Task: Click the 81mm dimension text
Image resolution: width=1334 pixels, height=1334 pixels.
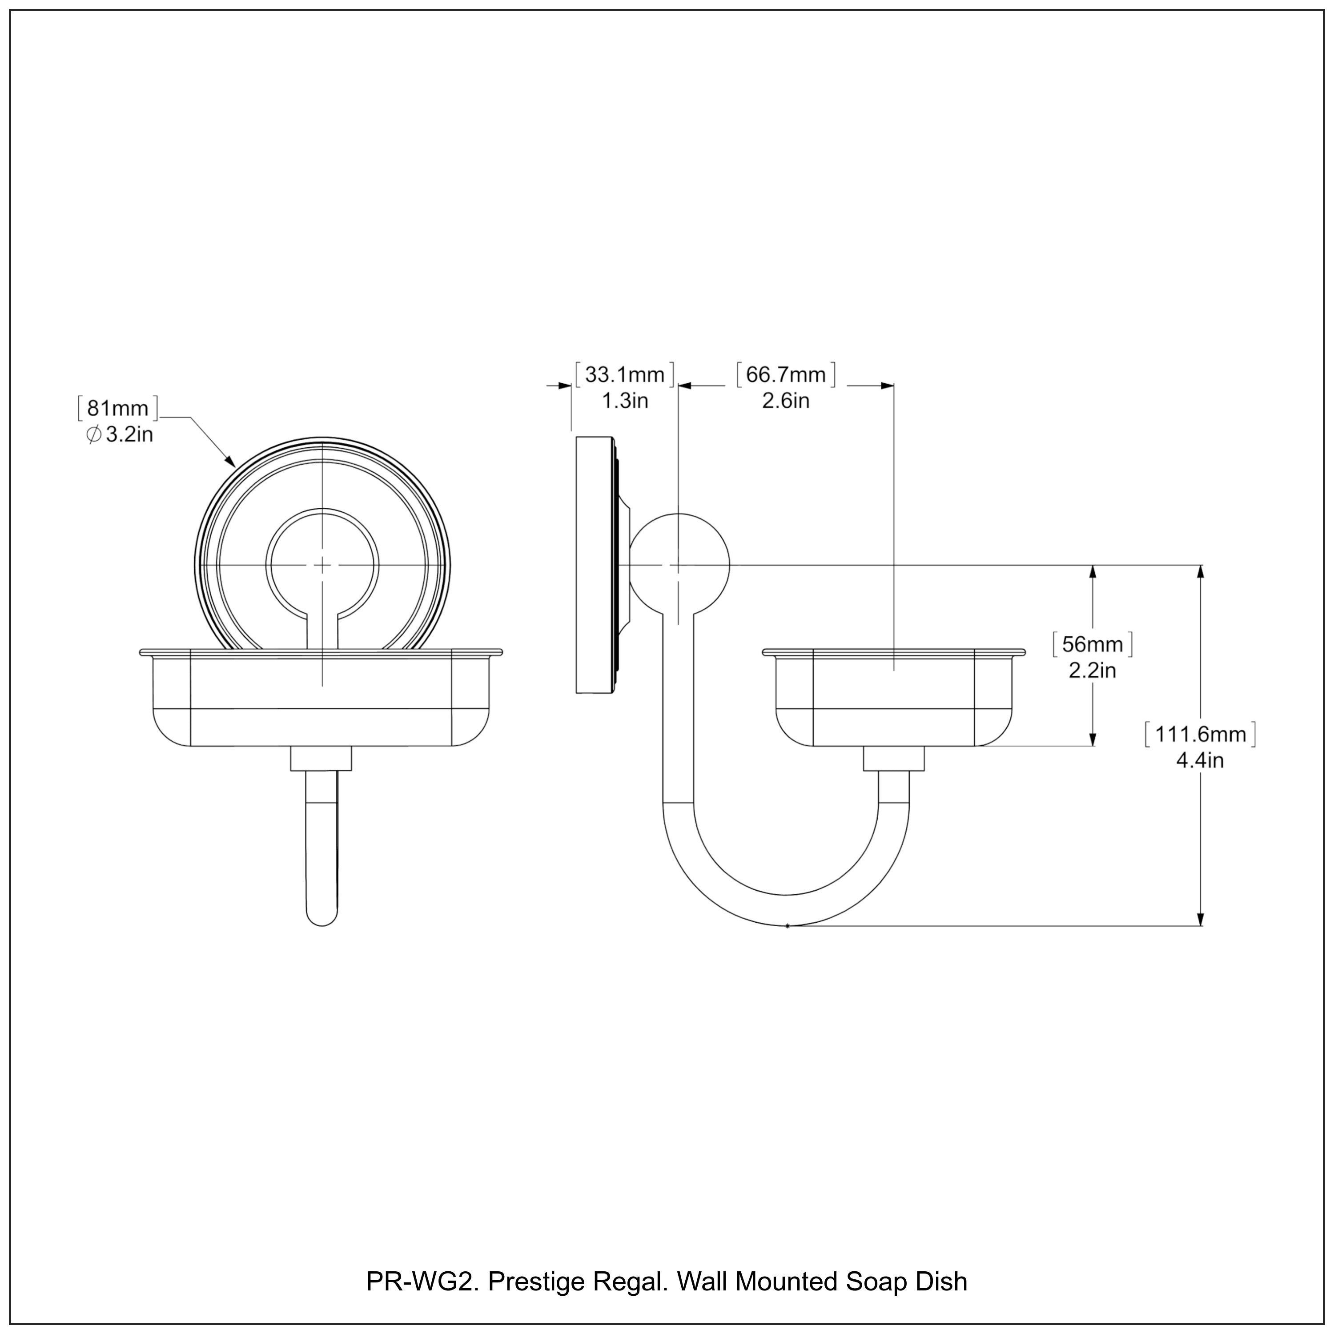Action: (117, 408)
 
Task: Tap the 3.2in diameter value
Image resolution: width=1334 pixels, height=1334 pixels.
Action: (129, 434)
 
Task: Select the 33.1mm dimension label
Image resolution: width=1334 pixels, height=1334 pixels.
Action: (625, 375)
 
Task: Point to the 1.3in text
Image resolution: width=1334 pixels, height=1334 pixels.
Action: (625, 401)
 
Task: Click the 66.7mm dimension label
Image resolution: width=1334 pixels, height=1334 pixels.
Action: (786, 375)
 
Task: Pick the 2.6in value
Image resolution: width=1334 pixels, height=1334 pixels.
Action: (786, 401)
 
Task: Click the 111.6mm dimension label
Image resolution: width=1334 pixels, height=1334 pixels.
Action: (1200, 734)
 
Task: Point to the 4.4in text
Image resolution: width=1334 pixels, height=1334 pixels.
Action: (1200, 760)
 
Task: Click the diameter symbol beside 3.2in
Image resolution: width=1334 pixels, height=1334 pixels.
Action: (95, 435)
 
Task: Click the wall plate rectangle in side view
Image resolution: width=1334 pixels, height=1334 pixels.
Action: (594, 564)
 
